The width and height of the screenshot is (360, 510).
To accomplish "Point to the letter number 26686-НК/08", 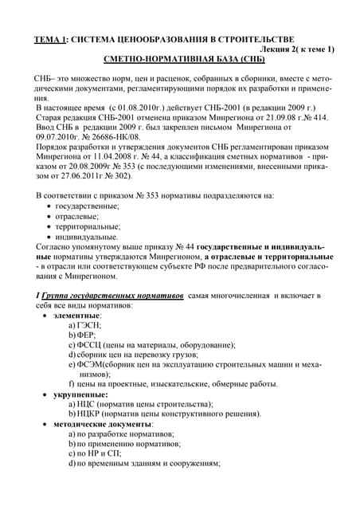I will pyautogui.click(x=111, y=136).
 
